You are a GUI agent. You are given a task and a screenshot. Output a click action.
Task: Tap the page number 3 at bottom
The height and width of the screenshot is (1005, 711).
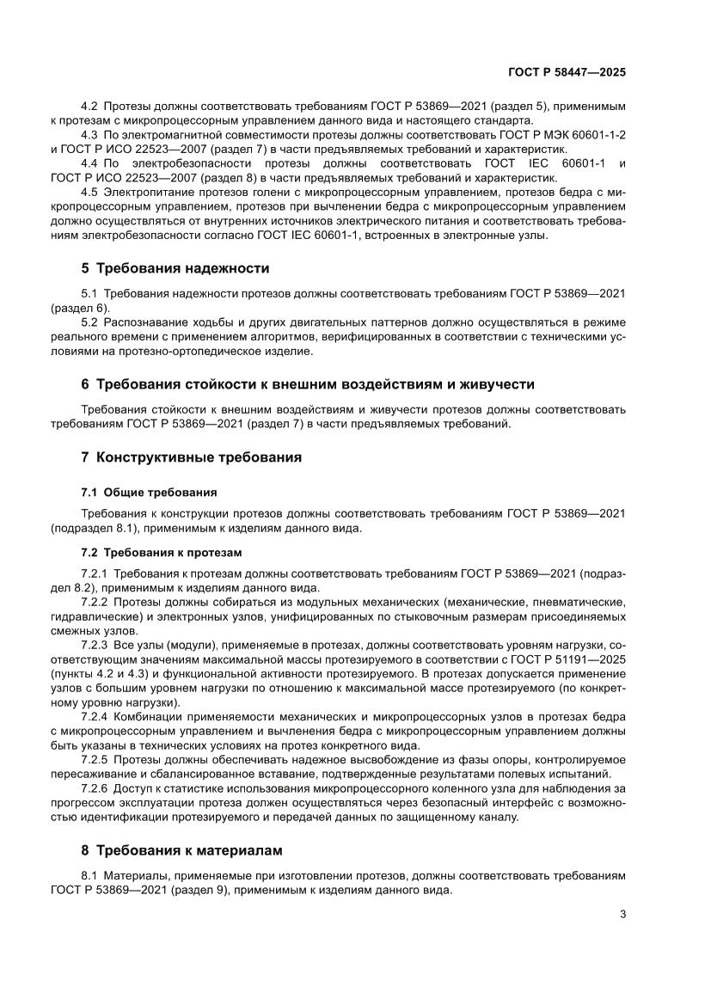pyautogui.click(x=622, y=915)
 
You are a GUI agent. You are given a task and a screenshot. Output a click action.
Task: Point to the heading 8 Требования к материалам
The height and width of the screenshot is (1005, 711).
pyautogui.click(x=181, y=851)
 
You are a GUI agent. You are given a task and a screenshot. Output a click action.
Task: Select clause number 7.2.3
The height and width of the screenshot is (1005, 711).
pyautogui.click(x=93, y=644)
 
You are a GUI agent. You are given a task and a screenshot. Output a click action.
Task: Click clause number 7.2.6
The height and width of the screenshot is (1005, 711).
pyautogui.click(x=93, y=788)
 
